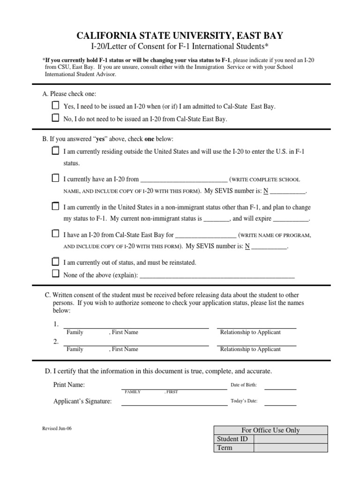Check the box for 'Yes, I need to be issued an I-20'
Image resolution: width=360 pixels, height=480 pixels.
coord(55,105)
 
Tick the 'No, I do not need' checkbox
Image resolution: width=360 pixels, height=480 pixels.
coord(55,118)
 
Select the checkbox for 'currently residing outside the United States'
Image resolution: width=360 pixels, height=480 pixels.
coord(55,150)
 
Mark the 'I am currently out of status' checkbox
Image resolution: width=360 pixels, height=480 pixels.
coord(55,262)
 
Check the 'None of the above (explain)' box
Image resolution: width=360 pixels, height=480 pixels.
coord(55,274)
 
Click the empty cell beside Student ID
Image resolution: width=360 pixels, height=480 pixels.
coord(291,439)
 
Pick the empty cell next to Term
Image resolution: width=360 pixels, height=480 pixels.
coord(291,448)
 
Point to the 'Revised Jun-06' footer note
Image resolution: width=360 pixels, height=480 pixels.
coord(57,428)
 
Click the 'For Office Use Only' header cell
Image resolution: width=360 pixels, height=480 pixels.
coord(270,430)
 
